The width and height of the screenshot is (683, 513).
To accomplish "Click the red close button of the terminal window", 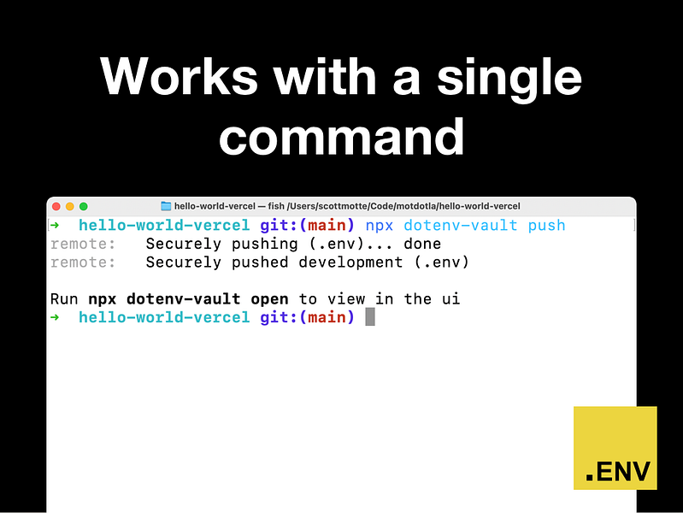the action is tap(56, 206).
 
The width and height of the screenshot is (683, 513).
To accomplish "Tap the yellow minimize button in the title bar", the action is tap(70, 206).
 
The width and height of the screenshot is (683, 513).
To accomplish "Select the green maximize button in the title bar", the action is tap(83, 206).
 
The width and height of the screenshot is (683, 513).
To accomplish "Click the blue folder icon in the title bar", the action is tap(166, 206).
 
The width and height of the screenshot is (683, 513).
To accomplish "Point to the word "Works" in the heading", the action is tap(179, 76).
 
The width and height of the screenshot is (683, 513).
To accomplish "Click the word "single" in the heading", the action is tap(509, 80).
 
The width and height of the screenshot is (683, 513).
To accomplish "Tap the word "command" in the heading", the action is tap(342, 137).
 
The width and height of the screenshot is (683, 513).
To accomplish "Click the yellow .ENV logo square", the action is tap(615, 448).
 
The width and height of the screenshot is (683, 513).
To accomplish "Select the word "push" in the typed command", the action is tap(547, 226).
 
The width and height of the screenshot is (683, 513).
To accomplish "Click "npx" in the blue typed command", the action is tap(380, 227).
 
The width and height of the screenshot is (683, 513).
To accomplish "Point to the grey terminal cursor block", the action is tap(370, 316).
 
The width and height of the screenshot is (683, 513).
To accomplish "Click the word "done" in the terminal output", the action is tap(422, 244).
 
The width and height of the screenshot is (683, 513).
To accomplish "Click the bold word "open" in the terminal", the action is tap(269, 299).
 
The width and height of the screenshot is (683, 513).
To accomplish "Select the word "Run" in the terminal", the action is tap(64, 299).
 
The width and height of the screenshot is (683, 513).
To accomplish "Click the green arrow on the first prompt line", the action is tap(55, 226).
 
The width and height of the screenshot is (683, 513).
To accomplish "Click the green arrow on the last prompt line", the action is tap(55, 317).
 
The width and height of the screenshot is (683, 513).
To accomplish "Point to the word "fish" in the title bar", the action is tap(276, 206).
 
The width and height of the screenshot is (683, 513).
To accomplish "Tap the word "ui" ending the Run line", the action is tap(450, 299).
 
